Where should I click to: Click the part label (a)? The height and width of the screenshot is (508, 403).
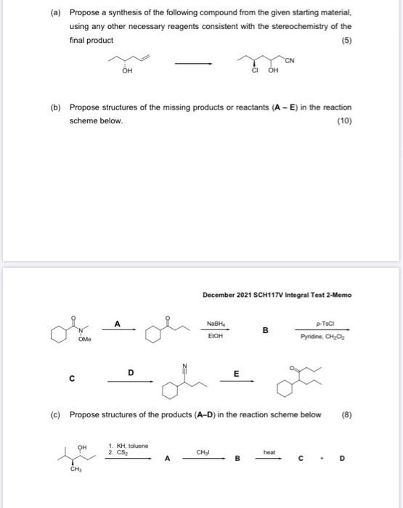(55, 13)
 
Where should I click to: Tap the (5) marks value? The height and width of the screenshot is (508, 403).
(347, 40)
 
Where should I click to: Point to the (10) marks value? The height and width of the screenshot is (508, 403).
(344, 121)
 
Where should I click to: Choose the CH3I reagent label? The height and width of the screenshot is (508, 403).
(203, 452)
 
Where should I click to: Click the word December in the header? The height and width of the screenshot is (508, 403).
(219, 295)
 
